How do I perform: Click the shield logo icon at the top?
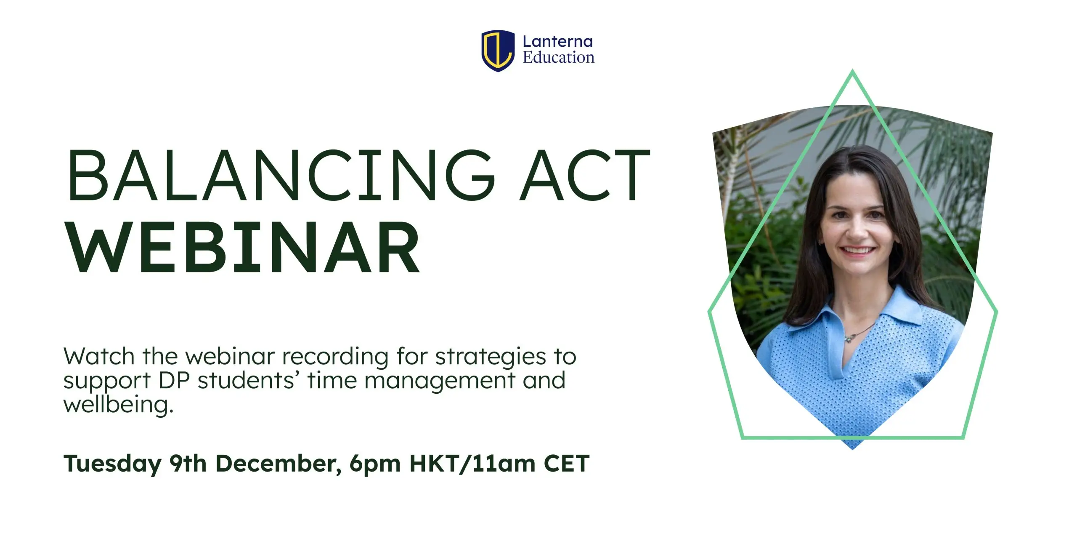pos(498,51)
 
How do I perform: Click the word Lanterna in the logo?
pos(557,41)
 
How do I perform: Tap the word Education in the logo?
pos(558,57)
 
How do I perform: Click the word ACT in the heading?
pos(585,175)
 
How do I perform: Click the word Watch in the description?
pos(99,356)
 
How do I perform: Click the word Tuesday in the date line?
pos(112,464)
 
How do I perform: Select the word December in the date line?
pos(278,464)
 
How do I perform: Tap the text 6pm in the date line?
pos(375,465)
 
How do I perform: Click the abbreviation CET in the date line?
pos(567,464)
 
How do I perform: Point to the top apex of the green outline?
pos(852,70)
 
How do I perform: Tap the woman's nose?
pos(857,230)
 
